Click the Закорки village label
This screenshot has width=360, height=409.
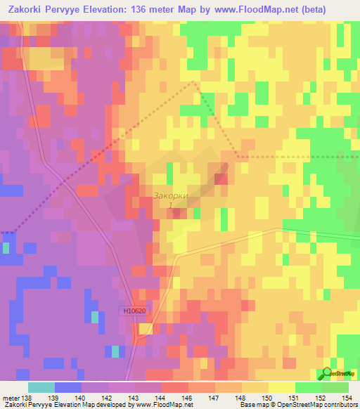coord(171,196)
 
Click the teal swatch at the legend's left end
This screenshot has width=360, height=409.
coord(41,387)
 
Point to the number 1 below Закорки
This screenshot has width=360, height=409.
coord(170,206)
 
